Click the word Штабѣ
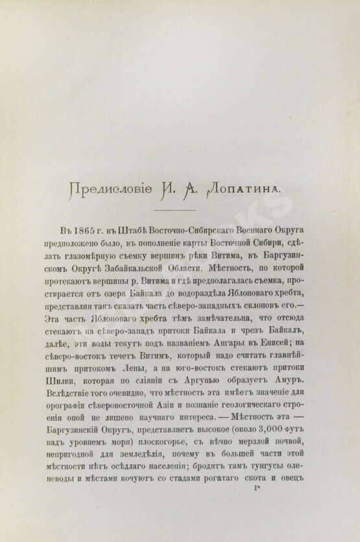click(x=146, y=232)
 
